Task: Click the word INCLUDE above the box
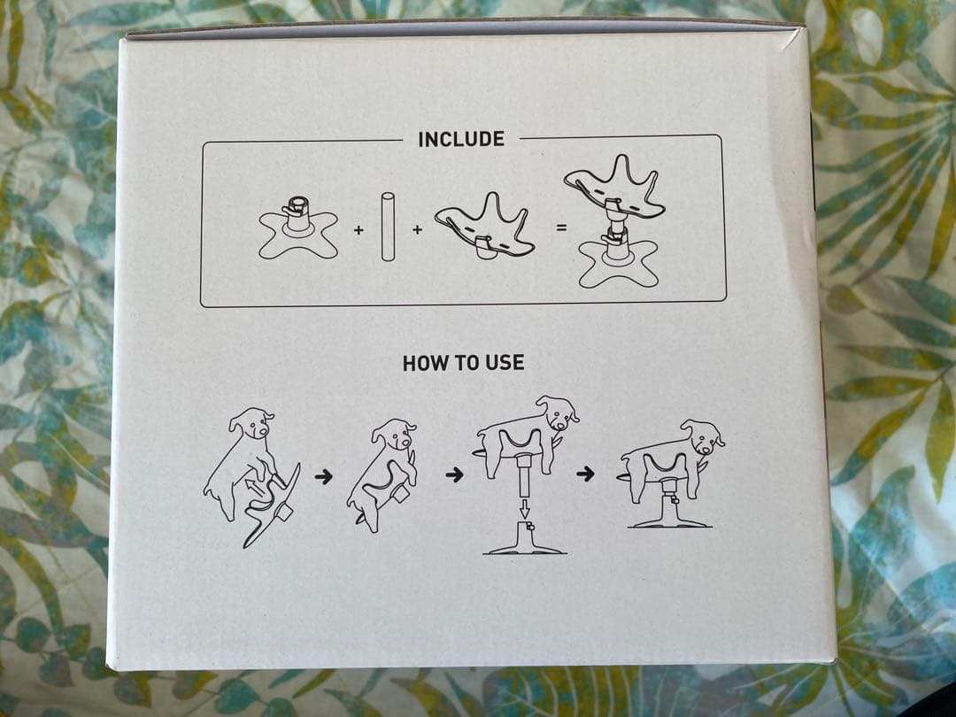click(x=461, y=139)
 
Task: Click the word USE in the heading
click(x=505, y=363)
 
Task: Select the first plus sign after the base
click(x=358, y=230)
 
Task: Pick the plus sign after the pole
click(x=418, y=230)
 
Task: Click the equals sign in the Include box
click(x=561, y=228)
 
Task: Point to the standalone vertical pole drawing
click(x=388, y=227)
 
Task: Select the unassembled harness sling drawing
click(x=485, y=227)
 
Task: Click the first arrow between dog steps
click(x=324, y=476)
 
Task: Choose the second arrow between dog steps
click(x=455, y=474)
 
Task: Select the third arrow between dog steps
click(x=585, y=473)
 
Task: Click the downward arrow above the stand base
click(x=524, y=508)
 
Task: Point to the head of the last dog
click(x=703, y=436)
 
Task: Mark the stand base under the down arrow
click(x=524, y=538)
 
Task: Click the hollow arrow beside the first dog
click(x=257, y=487)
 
